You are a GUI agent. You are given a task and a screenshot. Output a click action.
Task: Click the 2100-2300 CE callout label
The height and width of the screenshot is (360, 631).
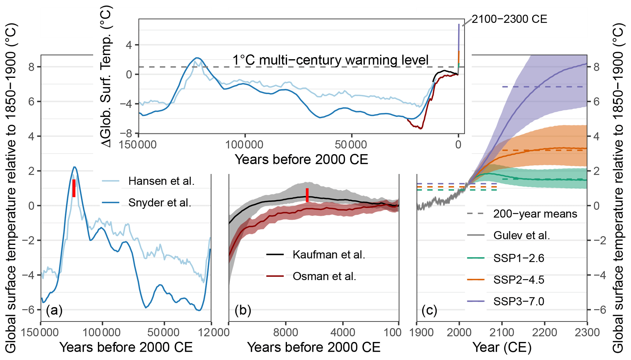click(509, 19)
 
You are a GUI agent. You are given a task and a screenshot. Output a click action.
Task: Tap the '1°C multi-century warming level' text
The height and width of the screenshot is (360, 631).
click(330, 60)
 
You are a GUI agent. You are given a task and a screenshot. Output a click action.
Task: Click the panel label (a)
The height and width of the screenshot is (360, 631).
click(54, 310)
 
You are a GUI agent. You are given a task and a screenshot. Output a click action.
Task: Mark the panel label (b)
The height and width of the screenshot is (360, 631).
click(243, 310)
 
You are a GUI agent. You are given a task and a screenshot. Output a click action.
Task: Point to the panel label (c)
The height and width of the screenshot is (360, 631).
click(429, 310)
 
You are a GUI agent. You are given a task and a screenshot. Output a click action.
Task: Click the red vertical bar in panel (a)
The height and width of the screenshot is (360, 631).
click(74, 188)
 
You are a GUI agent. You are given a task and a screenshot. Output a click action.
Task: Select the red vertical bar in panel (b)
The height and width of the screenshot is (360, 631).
click(307, 195)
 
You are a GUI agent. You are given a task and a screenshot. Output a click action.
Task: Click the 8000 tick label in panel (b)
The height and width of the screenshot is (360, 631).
click(286, 332)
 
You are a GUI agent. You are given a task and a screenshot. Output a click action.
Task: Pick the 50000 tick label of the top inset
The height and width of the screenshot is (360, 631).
click(351, 144)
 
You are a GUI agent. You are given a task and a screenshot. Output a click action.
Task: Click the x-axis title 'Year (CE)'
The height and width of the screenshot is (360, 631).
click(502, 347)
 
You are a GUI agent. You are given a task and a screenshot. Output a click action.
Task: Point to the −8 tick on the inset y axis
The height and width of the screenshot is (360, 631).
click(128, 133)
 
